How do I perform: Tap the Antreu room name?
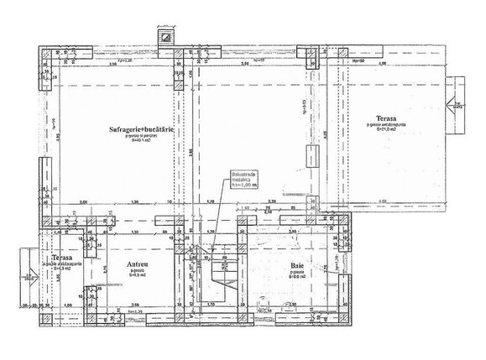click(x=138, y=265)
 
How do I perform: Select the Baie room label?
click(x=297, y=264)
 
